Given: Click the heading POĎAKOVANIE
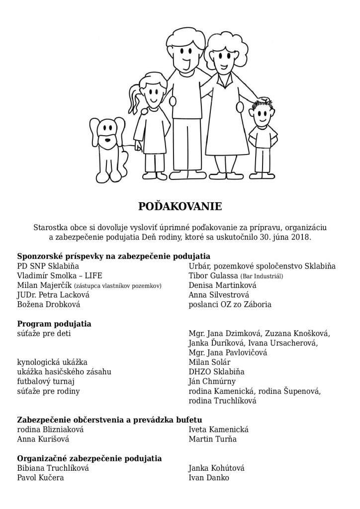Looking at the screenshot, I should pos(180,205).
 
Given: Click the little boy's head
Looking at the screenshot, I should pos(262,114).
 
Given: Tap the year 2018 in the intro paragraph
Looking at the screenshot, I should pos(300,238).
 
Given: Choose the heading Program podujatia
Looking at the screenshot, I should pos(54,324).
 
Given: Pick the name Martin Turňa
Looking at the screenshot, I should pos(213,439).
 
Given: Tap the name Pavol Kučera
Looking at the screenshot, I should pos(40,478).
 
